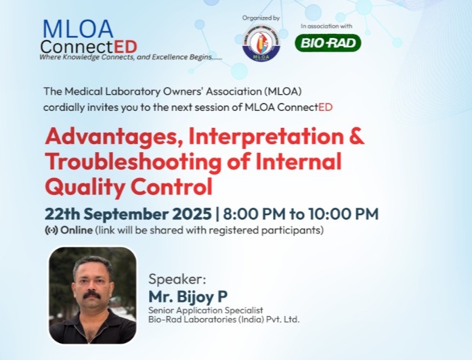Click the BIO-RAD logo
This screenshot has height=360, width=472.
pos(328,43)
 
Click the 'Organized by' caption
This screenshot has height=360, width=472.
pos(260,18)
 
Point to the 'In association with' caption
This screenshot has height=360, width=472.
pos(328,26)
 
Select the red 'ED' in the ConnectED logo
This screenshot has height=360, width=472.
pos(125,46)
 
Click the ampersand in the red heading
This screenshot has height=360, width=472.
pos(355,136)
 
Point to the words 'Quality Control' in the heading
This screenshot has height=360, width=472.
pos(128,185)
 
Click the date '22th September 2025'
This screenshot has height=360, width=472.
pos(128,214)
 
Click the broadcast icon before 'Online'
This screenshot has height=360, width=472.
pos(51,230)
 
